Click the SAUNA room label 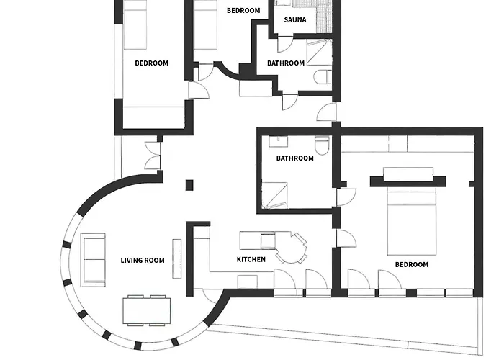coord(295,20)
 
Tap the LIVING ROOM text coord(143,261)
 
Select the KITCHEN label coord(251,259)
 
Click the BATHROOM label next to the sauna coord(286,63)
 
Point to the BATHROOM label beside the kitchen coord(295,158)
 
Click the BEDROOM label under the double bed coord(412,265)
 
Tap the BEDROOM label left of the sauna coord(243,11)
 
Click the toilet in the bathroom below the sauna coord(322,76)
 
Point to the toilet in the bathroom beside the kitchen coord(323,146)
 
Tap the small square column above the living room coord(189,185)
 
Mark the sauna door coord(285,42)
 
